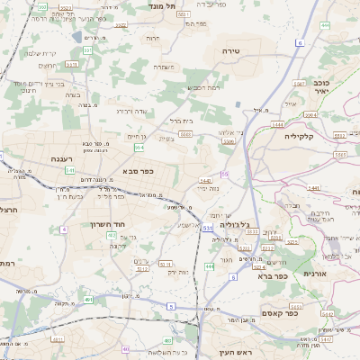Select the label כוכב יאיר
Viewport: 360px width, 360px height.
pos(321,86)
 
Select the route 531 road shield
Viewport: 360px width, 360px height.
pos(208,229)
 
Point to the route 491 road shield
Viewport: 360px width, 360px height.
pos(88,299)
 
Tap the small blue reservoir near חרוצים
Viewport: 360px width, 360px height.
pos(89,38)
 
